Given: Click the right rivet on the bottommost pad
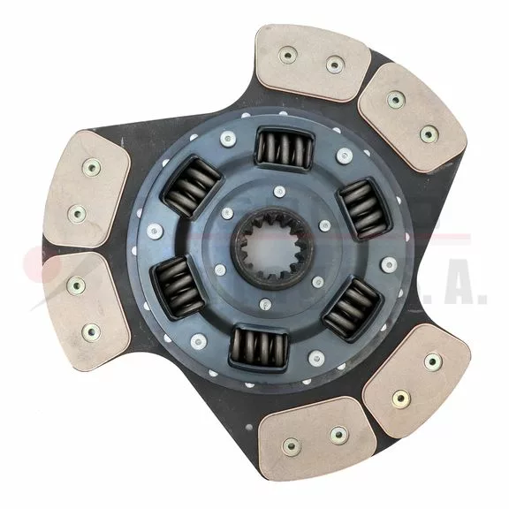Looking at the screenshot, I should tap(338, 435).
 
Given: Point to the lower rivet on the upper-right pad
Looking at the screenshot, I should tap(429, 134).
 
